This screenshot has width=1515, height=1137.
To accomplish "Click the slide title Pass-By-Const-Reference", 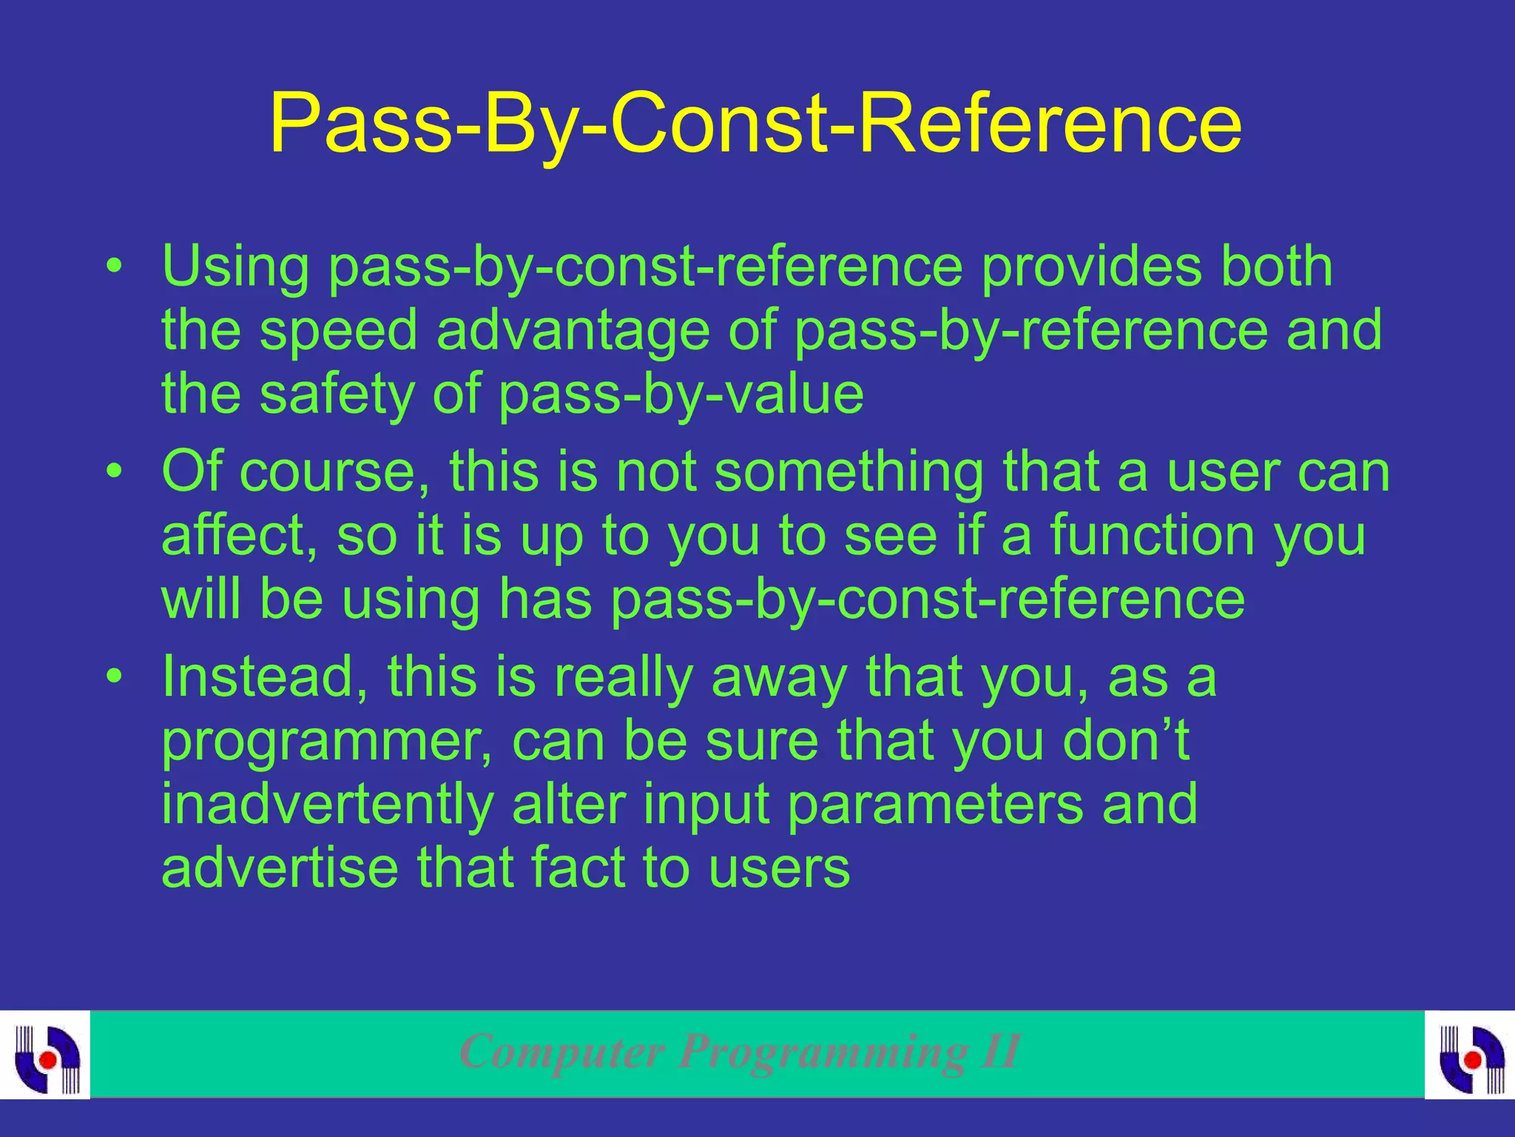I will click(755, 124).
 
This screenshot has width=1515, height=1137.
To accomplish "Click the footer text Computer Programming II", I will click(740, 1051).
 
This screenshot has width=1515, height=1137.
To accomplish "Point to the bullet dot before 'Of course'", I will click(112, 472).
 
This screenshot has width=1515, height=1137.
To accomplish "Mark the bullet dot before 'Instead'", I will click(112, 677).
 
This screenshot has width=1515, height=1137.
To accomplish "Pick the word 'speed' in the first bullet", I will click(339, 330).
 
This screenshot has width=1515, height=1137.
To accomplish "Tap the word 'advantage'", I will click(573, 330).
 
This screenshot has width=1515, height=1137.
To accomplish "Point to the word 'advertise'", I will click(280, 868).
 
